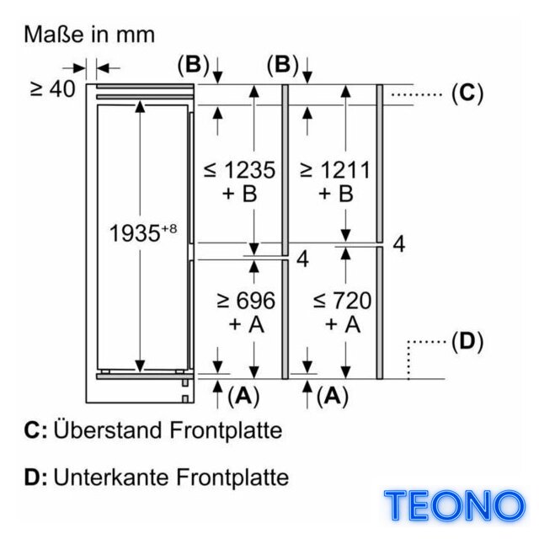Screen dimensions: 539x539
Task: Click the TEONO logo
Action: (x=455, y=505)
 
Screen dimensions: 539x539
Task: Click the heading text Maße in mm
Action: (x=89, y=35)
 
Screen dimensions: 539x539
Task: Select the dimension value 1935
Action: (x=135, y=233)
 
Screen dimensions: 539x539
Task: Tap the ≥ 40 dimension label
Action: (x=52, y=89)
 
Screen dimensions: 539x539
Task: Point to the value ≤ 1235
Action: (x=239, y=169)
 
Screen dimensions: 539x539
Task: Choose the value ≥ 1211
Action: (x=335, y=169)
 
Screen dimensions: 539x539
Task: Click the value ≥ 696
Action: (x=246, y=301)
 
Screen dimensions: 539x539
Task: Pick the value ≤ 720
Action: (x=342, y=301)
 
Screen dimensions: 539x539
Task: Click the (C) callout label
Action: (x=467, y=93)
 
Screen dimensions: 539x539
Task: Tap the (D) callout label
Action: (x=467, y=342)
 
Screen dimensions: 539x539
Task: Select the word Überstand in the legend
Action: (x=108, y=430)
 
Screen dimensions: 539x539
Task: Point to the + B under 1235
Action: (x=239, y=193)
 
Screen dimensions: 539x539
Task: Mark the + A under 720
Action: (x=343, y=324)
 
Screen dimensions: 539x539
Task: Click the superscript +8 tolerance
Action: (x=168, y=228)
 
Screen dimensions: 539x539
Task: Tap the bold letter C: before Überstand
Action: (x=35, y=430)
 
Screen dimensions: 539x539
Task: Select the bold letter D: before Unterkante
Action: (x=35, y=478)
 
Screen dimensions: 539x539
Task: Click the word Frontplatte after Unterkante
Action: (x=232, y=477)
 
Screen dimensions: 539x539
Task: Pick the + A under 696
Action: (x=247, y=324)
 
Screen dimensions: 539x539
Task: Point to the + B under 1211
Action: (x=336, y=193)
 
